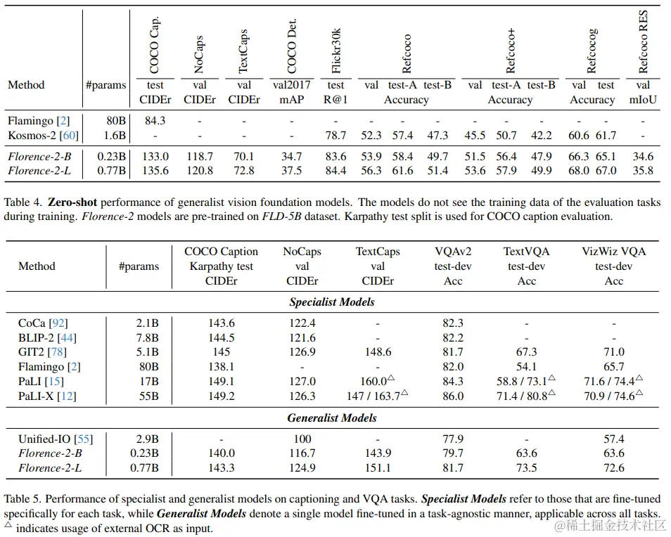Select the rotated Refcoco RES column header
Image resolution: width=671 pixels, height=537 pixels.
[x=643, y=42]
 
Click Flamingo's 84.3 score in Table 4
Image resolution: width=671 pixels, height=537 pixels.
[x=155, y=120]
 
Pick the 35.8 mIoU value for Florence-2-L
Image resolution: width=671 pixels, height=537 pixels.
[x=643, y=170]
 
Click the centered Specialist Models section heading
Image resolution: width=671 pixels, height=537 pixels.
[x=332, y=302]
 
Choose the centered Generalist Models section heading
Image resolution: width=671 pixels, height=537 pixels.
[x=332, y=418]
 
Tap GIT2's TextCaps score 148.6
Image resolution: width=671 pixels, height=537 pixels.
[x=377, y=352]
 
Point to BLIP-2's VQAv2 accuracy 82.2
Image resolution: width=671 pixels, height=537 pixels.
[x=453, y=337]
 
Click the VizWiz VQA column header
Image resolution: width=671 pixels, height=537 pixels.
[x=613, y=252]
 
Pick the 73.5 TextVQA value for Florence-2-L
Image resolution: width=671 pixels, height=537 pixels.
[x=526, y=467]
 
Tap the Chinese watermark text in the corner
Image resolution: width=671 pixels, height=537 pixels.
[x=608, y=524]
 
